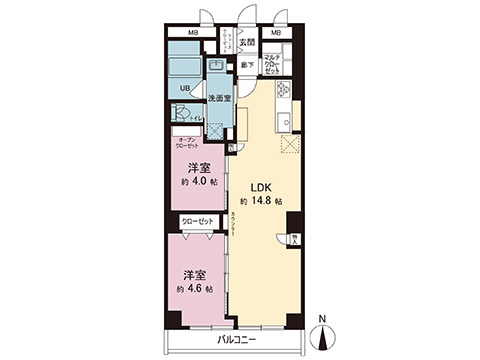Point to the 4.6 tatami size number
pos(201,288)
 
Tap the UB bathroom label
pos(185,87)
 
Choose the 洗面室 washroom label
pos(220,98)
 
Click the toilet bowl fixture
pos(182,115)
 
